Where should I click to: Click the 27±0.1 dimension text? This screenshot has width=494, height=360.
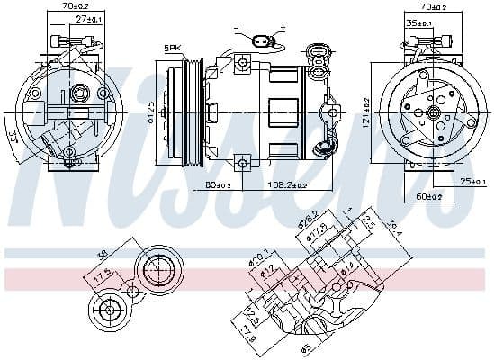pyautogui.click(x=87, y=17)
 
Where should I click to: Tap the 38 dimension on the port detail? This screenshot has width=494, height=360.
pyautogui.click(x=104, y=253)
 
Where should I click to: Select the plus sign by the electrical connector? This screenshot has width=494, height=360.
pyautogui.click(x=282, y=28)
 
